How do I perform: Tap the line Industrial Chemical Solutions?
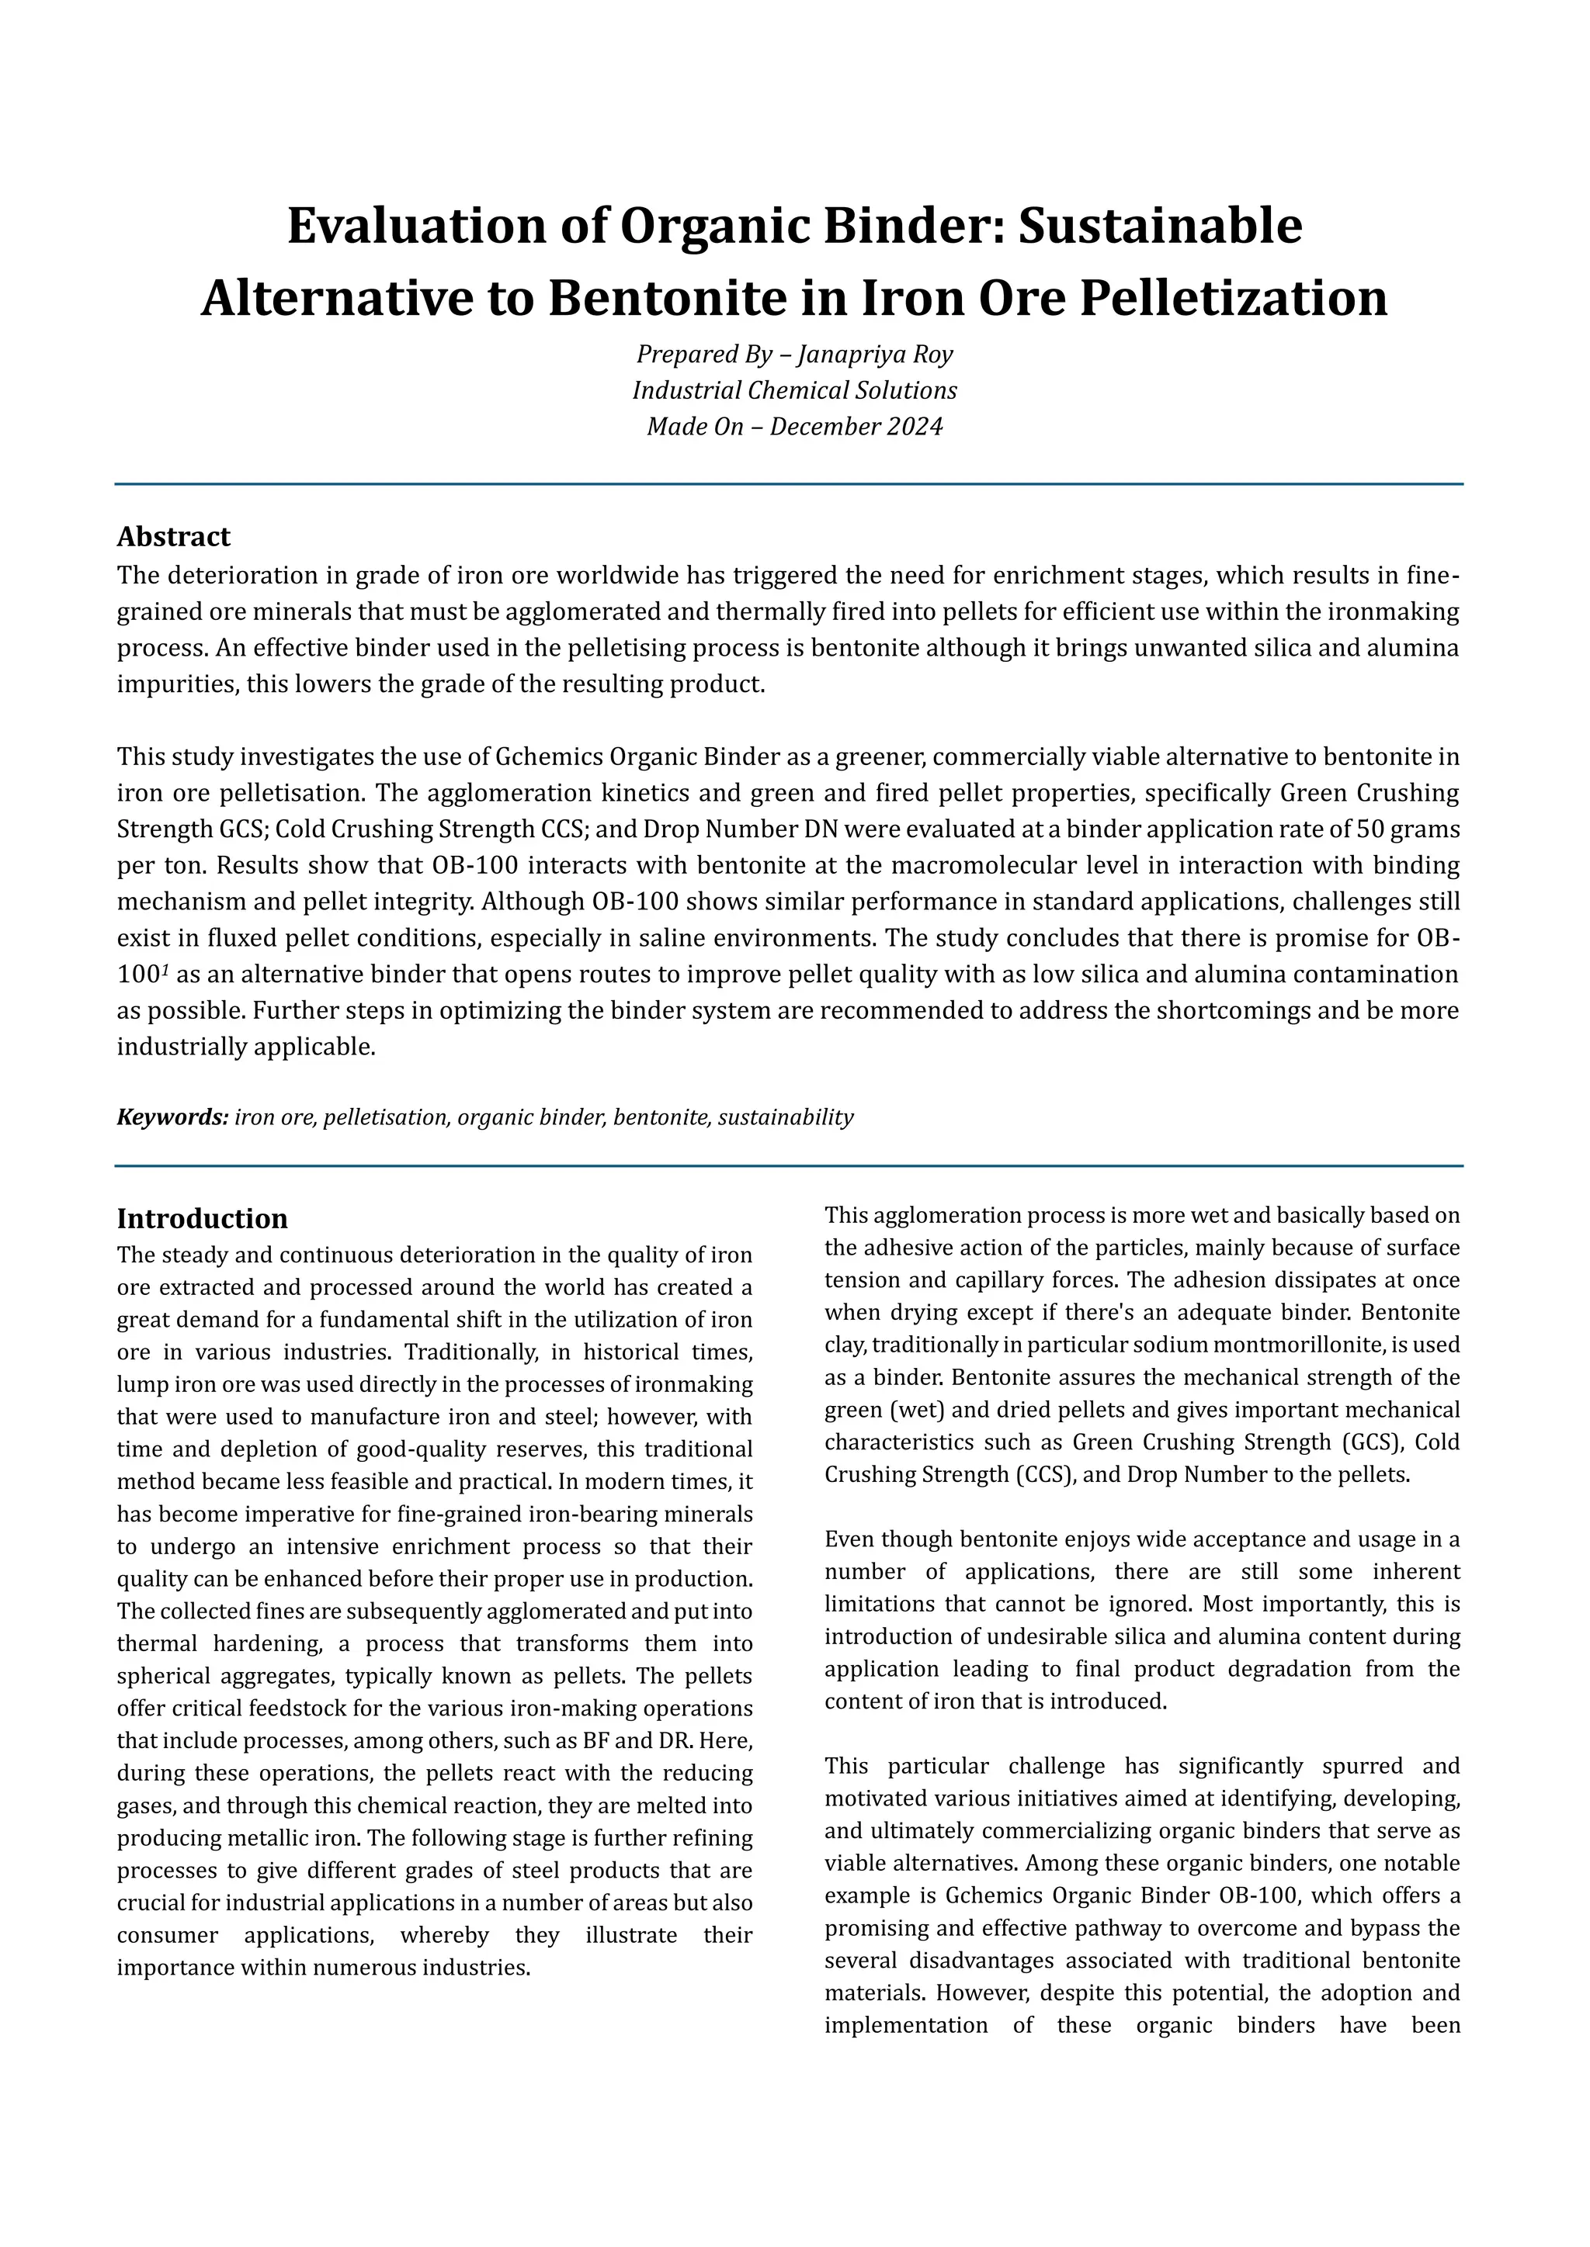[x=794, y=390]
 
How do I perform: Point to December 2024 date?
[x=856, y=427]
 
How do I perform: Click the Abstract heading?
[x=173, y=536]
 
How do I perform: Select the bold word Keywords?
[x=172, y=1117]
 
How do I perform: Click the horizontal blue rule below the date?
[x=788, y=484]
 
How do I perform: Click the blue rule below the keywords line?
[x=788, y=1166]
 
